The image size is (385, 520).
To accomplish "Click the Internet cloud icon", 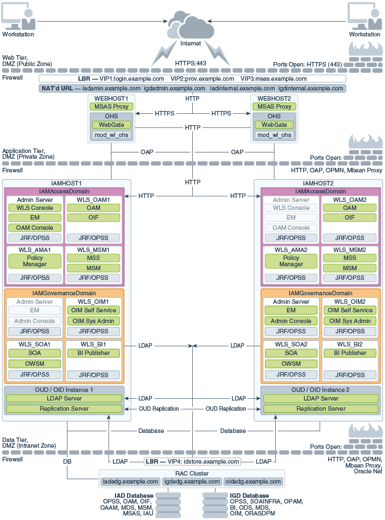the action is pos(191,25).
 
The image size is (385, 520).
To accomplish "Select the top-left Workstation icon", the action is pos(18,16).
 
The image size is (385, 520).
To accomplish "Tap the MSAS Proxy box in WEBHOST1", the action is pos(111,106).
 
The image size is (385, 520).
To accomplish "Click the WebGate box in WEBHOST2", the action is pos(274,125).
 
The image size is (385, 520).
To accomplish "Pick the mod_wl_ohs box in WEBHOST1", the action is pos(111,135).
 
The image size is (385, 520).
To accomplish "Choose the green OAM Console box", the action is pos(35,228).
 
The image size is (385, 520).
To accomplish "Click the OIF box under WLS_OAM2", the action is pos(350,217).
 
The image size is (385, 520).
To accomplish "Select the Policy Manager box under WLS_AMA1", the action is pos(35,261).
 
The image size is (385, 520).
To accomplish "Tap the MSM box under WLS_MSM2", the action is pos(350,268).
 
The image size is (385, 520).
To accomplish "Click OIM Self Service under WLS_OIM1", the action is pos(94,311).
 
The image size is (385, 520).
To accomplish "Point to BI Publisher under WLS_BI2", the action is pos(350,353).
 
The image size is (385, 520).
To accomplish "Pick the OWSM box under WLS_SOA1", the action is pos(35,364).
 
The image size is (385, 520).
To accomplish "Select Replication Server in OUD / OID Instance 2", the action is pos(321,408).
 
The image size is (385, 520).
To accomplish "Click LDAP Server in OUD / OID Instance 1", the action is pos(64,398).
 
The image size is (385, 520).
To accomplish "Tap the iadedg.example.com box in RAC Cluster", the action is pos(130,481).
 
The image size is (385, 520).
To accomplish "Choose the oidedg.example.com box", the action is pos(254,481).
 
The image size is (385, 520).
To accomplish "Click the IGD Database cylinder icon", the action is pos(215,505).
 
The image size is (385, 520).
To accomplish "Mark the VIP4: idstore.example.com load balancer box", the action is pos(192,461).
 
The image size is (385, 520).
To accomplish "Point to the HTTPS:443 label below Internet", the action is pos(191,63).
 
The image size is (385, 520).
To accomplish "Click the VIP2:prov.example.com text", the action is pos(202,79).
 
